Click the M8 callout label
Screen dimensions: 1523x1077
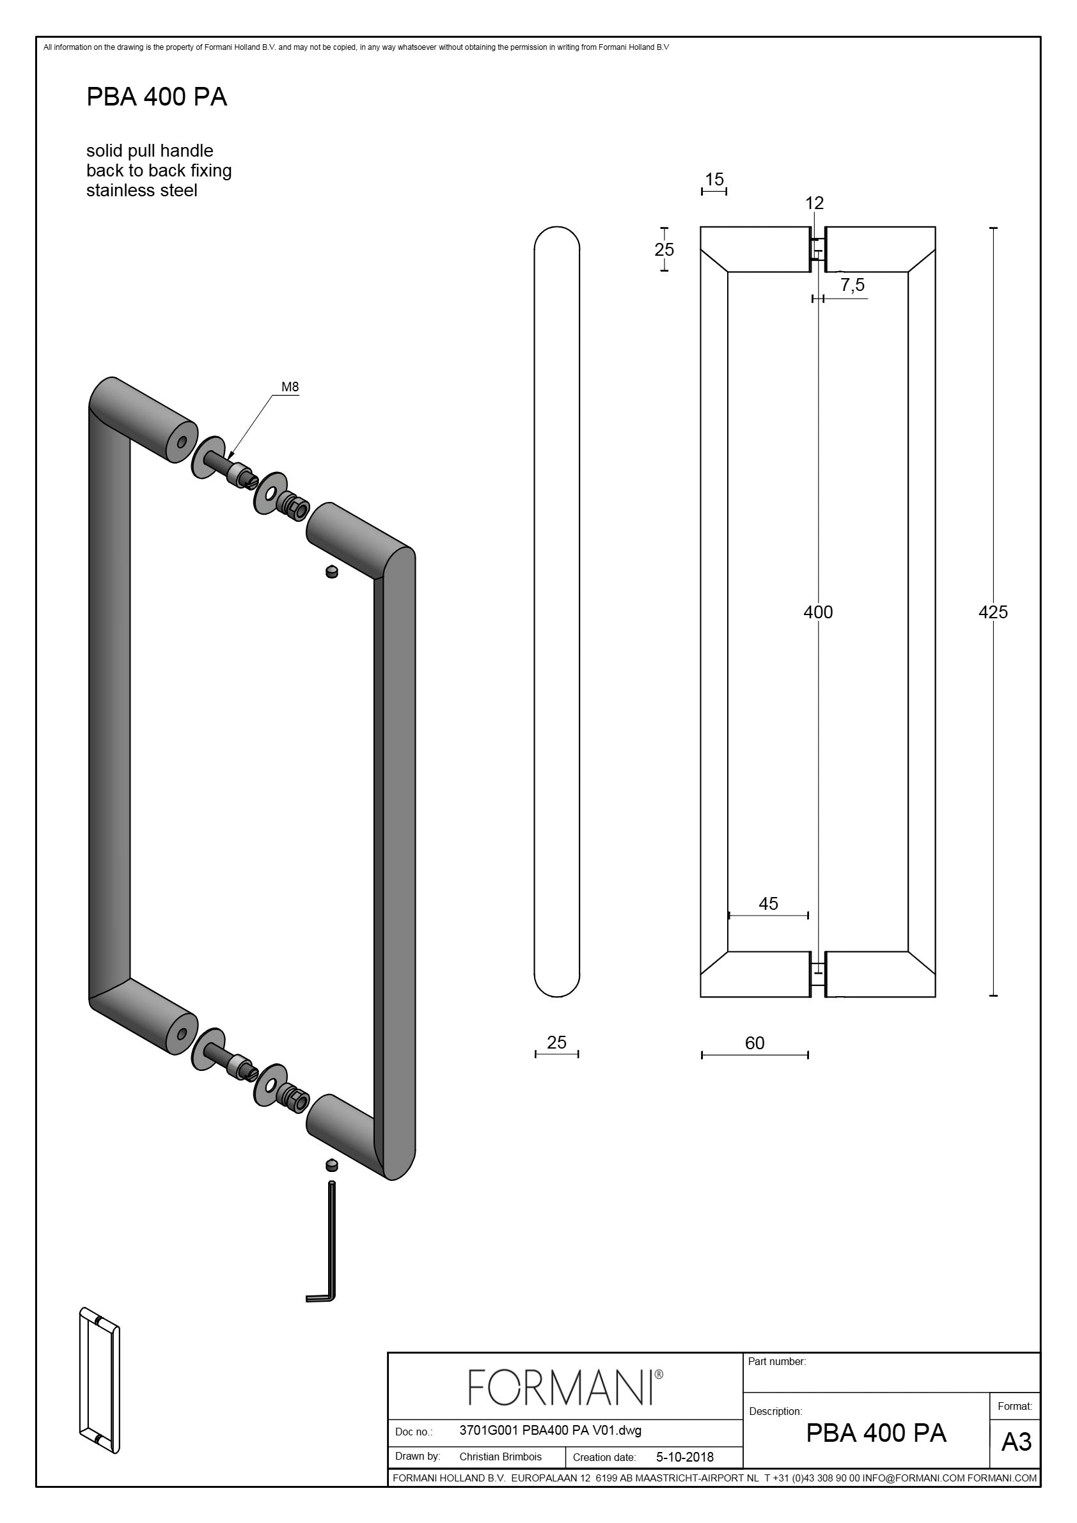click(x=290, y=387)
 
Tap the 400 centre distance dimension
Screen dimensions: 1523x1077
click(x=817, y=612)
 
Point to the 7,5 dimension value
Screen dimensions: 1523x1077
click(x=852, y=285)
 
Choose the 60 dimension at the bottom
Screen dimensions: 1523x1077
click(x=755, y=1043)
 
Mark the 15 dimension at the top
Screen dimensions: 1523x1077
click(x=714, y=180)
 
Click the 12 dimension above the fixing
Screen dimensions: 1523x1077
click(x=814, y=203)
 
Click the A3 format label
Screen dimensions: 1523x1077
click(x=1016, y=1442)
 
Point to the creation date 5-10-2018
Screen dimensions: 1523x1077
click(x=684, y=1457)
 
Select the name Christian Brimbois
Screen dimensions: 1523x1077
click(x=500, y=1457)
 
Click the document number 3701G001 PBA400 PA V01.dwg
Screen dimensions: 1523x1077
click(x=550, y=1430)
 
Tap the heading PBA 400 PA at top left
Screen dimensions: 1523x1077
click(x=157, y=98)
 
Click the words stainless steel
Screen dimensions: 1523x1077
click(x=141, y=191)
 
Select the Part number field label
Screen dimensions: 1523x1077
click(x=776, y=1361)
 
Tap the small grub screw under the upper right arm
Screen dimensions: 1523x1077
click(x=332, y=571)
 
